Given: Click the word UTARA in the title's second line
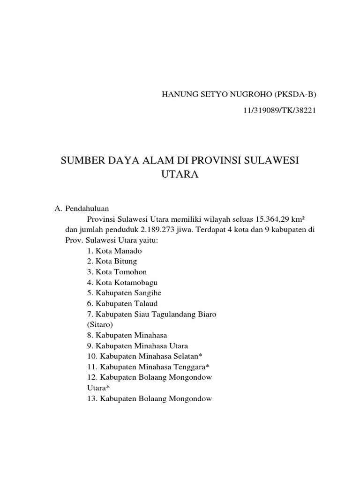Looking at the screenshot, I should (180, 175).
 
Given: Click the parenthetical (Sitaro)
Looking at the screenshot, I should (101, 324).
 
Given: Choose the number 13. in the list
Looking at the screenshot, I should (91, 399).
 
